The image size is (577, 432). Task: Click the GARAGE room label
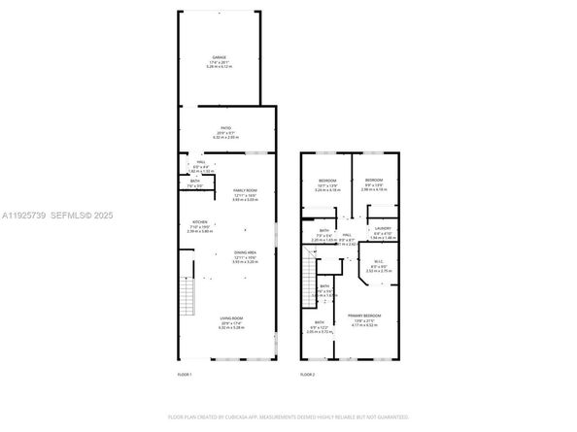tap(219, 58)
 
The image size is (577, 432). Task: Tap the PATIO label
tap(224, 131)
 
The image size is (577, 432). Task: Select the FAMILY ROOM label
tap(243, 191)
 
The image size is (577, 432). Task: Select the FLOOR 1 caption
tap(185, 374)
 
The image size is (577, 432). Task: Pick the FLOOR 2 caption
tap(307, 374)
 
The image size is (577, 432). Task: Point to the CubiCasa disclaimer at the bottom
tap(288, 416)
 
